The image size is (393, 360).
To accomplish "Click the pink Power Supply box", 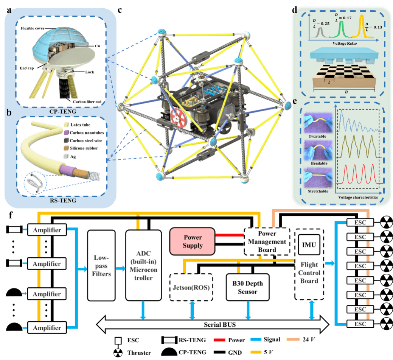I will click(193, 241).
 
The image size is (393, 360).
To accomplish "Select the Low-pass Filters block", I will click(101, 265).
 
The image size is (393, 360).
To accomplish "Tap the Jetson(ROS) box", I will click(191, 287).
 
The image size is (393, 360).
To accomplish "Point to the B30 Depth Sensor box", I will click(247, 287).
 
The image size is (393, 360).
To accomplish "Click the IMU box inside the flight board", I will click(309, 245).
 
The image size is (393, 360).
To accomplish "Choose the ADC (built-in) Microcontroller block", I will click(141, 265).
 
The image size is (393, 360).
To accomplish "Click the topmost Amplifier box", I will click(47, 230).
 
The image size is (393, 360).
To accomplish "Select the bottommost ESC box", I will click(360, 324).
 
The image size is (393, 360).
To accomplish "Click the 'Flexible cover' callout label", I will click(36, 28).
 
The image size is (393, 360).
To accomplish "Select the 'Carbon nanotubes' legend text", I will click(87, 133).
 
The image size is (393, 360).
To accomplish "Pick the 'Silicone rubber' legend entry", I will click(84, 148).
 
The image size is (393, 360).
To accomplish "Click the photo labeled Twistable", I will click(317, 123).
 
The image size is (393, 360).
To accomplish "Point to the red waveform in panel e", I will click(357, 174).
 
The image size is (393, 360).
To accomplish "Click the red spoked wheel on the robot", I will click(181, 117).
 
